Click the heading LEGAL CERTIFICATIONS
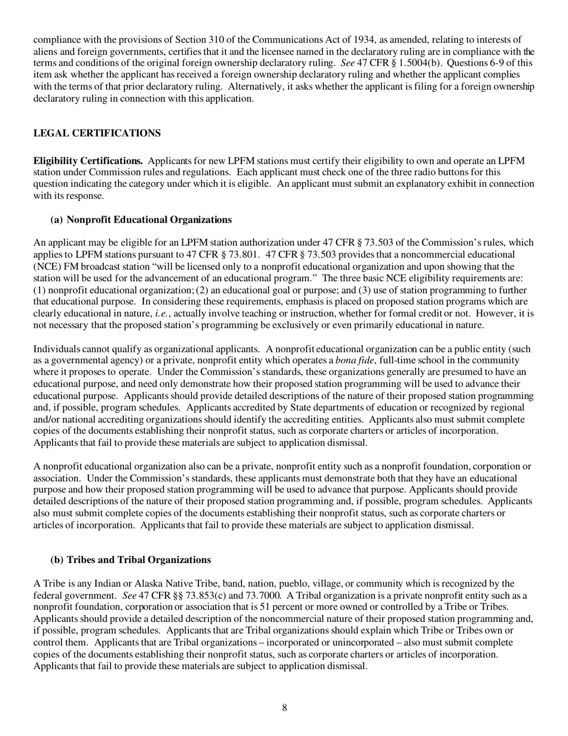pos(97,133)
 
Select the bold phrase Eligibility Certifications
pos(88,161)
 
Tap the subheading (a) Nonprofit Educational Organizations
pos(141,220)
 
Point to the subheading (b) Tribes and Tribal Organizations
pos(130,560)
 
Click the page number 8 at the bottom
pos(284,708)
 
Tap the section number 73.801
pos(242,254)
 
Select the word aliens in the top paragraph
pos(46,51)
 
